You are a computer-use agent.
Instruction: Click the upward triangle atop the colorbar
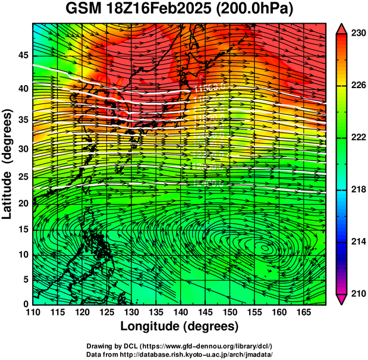[341, 28]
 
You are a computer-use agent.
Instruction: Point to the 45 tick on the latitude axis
[22, 55]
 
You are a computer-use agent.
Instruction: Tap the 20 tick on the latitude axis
[22, 204]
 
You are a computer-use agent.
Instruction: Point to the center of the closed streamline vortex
[262, 246]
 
